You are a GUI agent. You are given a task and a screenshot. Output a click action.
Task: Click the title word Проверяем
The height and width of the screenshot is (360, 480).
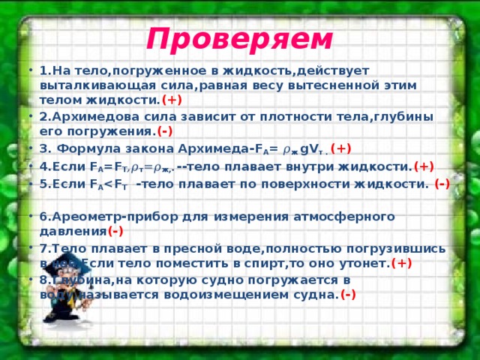click(239, 36)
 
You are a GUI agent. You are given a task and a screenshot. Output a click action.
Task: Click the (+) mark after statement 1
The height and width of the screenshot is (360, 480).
click(172, 98)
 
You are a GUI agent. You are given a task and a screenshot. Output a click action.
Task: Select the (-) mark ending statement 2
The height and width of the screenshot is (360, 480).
click(166, 131)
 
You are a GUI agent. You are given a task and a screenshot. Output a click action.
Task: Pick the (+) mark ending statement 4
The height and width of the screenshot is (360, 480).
click(423, 166)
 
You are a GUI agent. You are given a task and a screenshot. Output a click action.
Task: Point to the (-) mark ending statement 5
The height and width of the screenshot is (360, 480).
click(442, 184)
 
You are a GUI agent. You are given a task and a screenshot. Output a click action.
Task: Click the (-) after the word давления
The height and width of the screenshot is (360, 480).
click(115, 230)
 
